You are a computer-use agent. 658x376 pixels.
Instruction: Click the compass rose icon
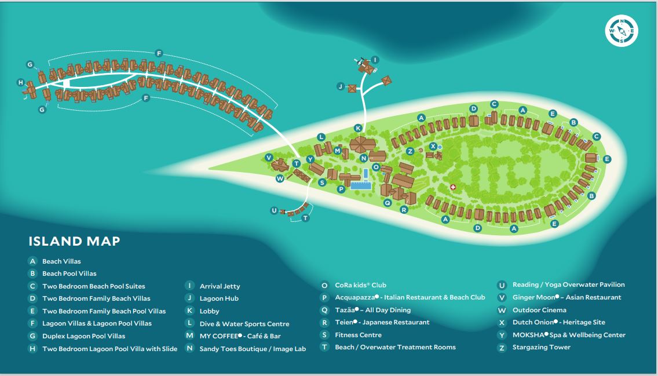coord(622,31)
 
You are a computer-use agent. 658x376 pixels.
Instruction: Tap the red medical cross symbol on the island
coord(453,187)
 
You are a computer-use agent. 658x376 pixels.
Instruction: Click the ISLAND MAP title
coord(74,241)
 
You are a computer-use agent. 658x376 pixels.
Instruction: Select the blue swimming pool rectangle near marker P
coord(361,185)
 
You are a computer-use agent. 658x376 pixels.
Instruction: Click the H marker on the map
coord(21,82)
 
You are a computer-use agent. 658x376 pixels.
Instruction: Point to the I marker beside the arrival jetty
coord(375,60)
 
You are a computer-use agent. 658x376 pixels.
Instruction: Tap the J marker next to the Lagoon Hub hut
coord(341,86)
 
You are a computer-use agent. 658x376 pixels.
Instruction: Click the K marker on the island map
coord(358,128)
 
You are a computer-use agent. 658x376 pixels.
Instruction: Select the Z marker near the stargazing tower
coord(410,151)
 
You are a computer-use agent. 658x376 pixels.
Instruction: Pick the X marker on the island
coord(433,146)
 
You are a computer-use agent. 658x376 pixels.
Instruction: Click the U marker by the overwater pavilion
coord(274,210)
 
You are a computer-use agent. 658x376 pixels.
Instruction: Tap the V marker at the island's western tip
coord(269,158)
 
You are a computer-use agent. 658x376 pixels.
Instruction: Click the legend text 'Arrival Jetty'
coord(220,286)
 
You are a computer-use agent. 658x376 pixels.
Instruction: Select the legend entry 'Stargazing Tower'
coord(542,348)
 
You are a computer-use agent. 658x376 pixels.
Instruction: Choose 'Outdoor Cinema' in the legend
coord(539,310)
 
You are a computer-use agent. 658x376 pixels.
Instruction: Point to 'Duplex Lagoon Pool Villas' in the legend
coord(83,336)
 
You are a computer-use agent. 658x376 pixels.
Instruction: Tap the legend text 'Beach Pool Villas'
coord(70,273)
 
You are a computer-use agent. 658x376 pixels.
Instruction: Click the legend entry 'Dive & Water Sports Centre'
coord(244,324)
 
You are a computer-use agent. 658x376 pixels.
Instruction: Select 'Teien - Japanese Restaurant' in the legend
coord(382,322)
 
